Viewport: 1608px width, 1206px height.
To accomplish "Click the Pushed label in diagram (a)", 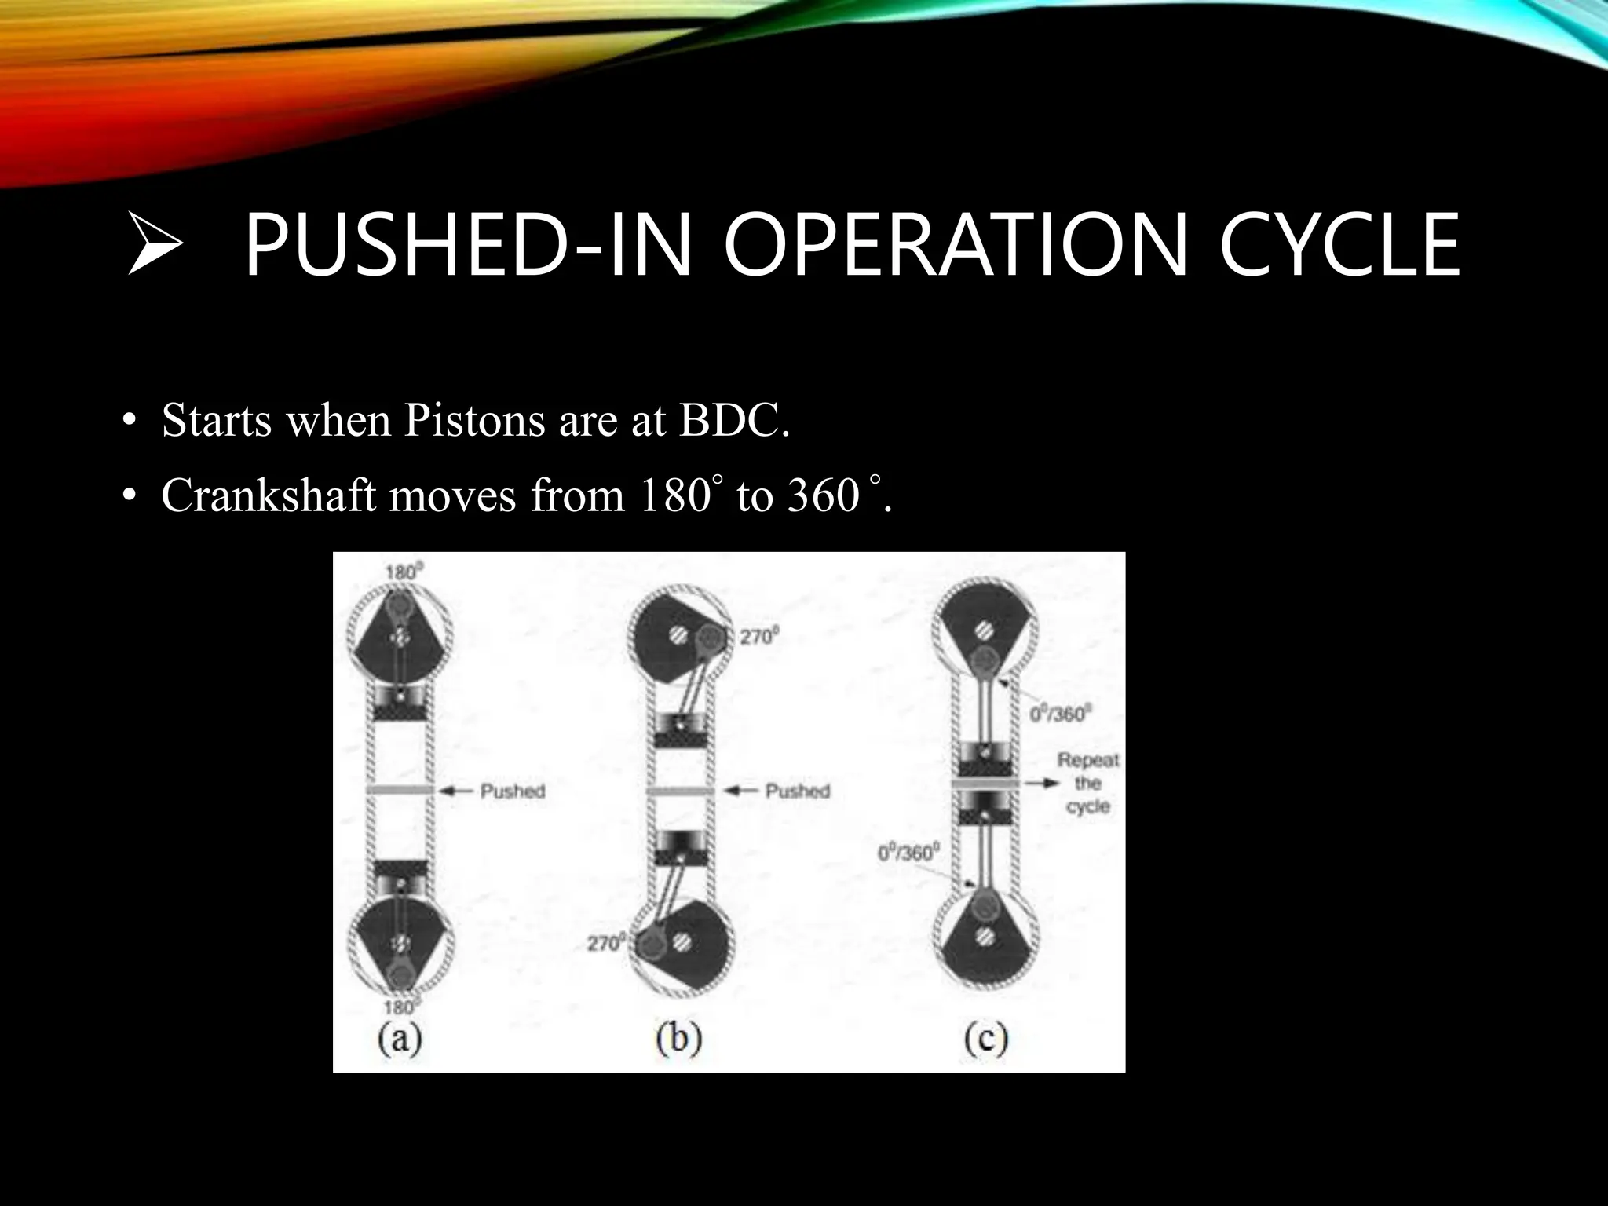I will coord(513,791).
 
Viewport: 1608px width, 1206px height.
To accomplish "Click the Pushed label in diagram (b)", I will coord(797,791).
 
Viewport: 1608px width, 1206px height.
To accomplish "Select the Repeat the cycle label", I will coord(1087,783).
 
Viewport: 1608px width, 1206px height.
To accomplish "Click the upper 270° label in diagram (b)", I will coord(758,637).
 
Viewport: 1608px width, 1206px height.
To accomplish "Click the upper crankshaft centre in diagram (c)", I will coord(983,630).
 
